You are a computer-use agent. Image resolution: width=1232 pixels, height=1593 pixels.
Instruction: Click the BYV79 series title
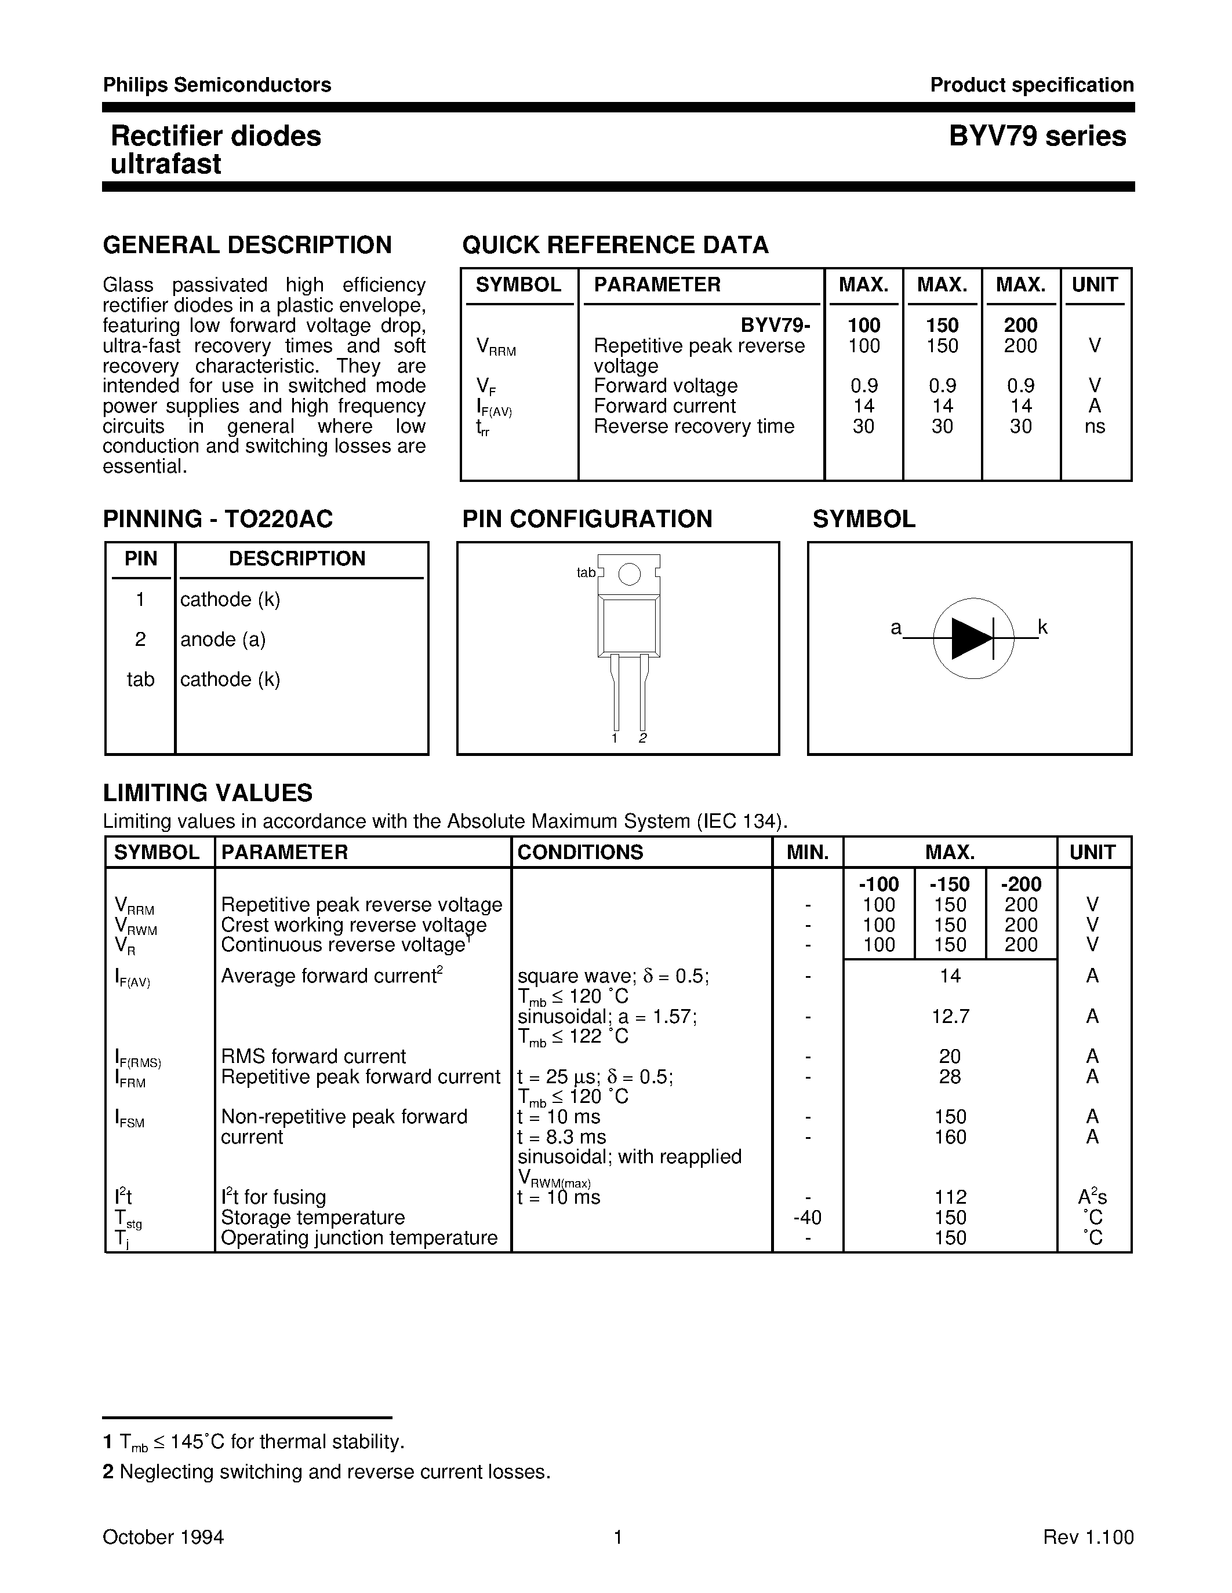click(1037, 136)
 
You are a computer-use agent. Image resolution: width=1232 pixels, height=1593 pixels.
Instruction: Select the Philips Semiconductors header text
click(217, 85)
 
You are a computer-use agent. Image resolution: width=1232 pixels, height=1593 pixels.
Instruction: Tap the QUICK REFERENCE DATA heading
click(615, 244)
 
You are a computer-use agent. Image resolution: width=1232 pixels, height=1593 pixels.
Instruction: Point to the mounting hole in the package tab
click(629, 575)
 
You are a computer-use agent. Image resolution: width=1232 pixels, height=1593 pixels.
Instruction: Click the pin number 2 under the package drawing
click(642, 738)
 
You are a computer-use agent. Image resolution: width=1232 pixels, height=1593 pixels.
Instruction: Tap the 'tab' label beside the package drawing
click(586, 572)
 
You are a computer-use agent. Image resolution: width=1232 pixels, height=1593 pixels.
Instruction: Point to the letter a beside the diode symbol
click(896, 627)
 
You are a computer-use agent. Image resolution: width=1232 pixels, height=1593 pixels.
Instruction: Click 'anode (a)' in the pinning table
click(223, 639)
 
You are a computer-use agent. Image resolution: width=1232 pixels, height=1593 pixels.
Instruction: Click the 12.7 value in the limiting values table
click(950, 1016)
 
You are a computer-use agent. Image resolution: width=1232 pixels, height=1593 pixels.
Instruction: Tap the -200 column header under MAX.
click(1020, 884)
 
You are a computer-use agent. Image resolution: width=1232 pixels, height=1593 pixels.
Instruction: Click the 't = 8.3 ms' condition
click(561, 1137)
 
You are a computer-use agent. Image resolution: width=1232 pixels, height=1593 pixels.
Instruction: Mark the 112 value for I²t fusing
click(950, 1197)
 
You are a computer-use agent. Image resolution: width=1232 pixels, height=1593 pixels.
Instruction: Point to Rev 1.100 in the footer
click(1088, 1537)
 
